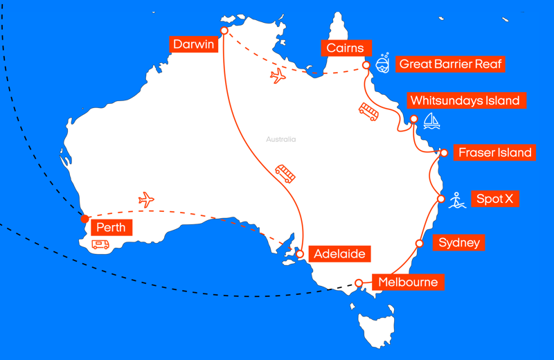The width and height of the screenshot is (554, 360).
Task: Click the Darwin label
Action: [193, 44]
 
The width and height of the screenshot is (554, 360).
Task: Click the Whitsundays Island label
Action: [465, 100]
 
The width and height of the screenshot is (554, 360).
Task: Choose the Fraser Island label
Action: [494, 152]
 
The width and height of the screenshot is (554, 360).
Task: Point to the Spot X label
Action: [494, 199]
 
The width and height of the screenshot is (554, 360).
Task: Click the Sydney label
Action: [458, 243]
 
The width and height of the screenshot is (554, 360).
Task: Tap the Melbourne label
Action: [407, 282]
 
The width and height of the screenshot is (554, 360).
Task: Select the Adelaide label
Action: [339, 253]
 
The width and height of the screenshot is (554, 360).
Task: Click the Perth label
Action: [111, 227]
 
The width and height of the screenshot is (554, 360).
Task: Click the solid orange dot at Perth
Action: [84, 219]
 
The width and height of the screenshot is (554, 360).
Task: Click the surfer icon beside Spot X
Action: [456, 200]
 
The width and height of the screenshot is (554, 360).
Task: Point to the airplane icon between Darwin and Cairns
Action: [278, 75]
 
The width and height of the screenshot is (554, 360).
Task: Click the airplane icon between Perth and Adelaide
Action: [146, 200]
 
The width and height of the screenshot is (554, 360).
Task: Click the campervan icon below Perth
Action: [100, 244]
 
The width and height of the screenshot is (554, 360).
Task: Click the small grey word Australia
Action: [280, 140]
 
